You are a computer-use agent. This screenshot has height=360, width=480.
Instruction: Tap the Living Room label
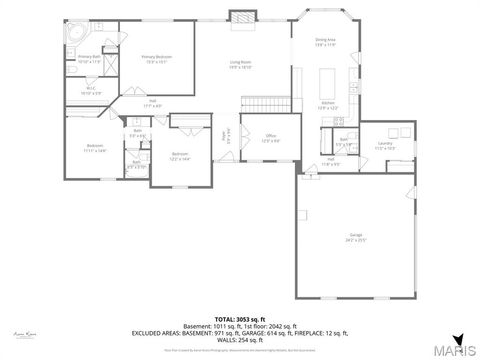pos(240,64)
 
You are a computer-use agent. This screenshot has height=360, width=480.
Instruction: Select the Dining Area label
pos(326,43)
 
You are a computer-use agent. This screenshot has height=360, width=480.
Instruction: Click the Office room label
pos(271,139)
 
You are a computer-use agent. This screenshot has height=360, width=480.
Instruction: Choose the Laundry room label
pos(384,146)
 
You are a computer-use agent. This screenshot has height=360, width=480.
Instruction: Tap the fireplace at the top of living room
pos(240,15)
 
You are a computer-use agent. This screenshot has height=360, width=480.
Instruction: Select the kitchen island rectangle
pos(327,80)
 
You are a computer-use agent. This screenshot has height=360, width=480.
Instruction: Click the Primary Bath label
pos(90,60)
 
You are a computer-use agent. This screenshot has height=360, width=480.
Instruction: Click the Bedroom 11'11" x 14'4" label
pos(96,149)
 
